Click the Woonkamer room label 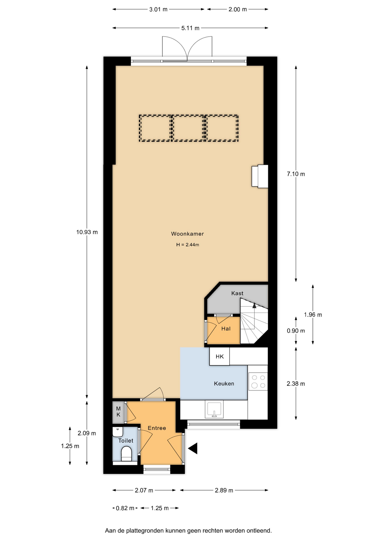pyautogui.click(x=187, y=234)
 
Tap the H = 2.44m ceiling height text pyautogui.click(x=188, y=245)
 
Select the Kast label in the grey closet pyautogui.click(x=237, y=293)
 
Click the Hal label pyautogui.click(x=226, y=329)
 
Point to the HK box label pyautogui.click(x=220, y=356)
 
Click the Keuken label pyautogui.click(x=224, y=383)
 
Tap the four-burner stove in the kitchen pyautogui.click(x=258, y=381)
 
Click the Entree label pyautogui.click(x=157, y=428)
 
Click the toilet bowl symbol pyautogui.click(x=126, y=454)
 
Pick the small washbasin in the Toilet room pyautogui.click(x=118, y=432)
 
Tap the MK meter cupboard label pyautogui.click(x=118, y=412)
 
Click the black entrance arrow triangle pyautogui.click(x=193, y=448)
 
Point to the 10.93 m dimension pyautogui.click(x=87, y=232)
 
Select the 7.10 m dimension pyautogui.click(x=296, y=174)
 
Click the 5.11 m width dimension pyautogui.click(x=190, y=28)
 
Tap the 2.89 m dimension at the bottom pyautogui.click(x=224, y=490)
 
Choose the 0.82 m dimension pyautogui.click(x=125, y=508)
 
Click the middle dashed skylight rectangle pyautogui.click(x=188, y=128)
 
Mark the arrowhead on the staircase pyautogui.click(x=254, y=305)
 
